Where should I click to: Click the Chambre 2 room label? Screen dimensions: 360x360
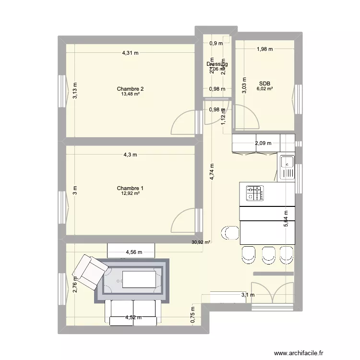pos(130,89)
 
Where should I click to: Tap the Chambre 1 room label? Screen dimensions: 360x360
pos(130,188)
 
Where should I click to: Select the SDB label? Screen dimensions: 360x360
pos(264,83)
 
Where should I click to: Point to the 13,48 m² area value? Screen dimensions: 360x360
pos(130,94)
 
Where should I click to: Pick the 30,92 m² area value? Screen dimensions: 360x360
pos(201,242)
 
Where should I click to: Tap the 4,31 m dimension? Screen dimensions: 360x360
pos(130,53)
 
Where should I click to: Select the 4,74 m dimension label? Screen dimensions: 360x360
pos(212,171)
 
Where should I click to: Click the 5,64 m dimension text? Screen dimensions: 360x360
pos(286,218)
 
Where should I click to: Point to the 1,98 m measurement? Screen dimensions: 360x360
pos(264,48)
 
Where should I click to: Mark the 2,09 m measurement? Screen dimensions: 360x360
pos(263,143)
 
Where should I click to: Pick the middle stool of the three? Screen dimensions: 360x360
pos(268,254)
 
